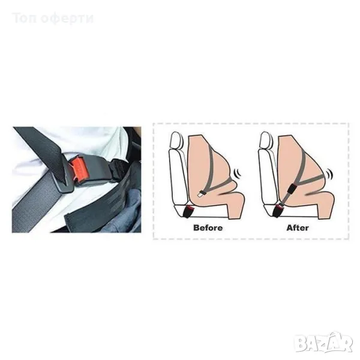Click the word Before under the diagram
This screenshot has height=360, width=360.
tap(208, 227)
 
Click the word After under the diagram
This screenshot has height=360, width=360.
tap(298, 227)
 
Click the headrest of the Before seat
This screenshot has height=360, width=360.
tap(176, 140)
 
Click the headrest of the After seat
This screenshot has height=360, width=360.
tap(265, 140)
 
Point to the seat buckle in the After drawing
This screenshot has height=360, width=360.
tap(278, 211)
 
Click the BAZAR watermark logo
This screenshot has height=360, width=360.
tap(324, 343)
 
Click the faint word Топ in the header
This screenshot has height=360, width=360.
tap(25, 19)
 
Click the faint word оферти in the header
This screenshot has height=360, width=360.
tap(67, 19)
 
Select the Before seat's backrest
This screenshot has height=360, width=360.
tap(178, 177)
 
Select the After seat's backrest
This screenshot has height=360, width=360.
tap(268, 177)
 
